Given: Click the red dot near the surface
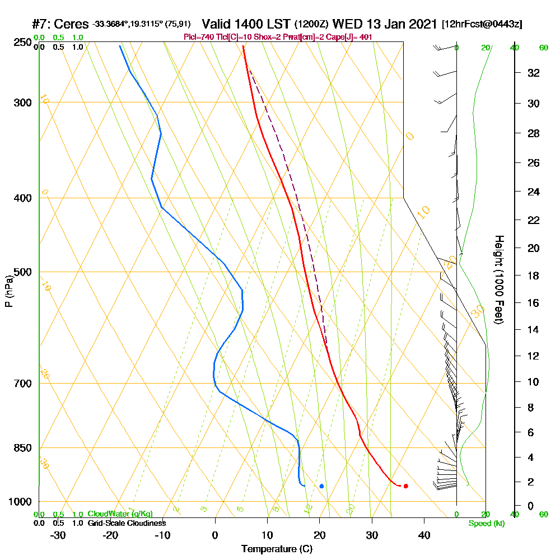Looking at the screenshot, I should click(x=405, y=486).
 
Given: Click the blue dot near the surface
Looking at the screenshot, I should click(x=321, y=486).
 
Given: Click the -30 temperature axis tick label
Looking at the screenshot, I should click(x=58, y=535).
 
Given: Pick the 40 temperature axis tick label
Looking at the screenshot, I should click(x=424, y=535).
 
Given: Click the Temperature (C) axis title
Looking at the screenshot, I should click(x=277, y=549).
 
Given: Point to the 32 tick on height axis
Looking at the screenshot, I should click(x=533, y=73).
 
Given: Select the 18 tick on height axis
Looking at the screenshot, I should click(x=533, y=276).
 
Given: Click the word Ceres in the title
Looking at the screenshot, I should click(x=73, y=25).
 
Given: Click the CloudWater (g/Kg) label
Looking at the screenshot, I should click(x=120, y=514).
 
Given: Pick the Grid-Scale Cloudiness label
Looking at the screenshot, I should click(x=127, y=523).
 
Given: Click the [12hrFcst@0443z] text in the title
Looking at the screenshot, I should click(x=482, y=25).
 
